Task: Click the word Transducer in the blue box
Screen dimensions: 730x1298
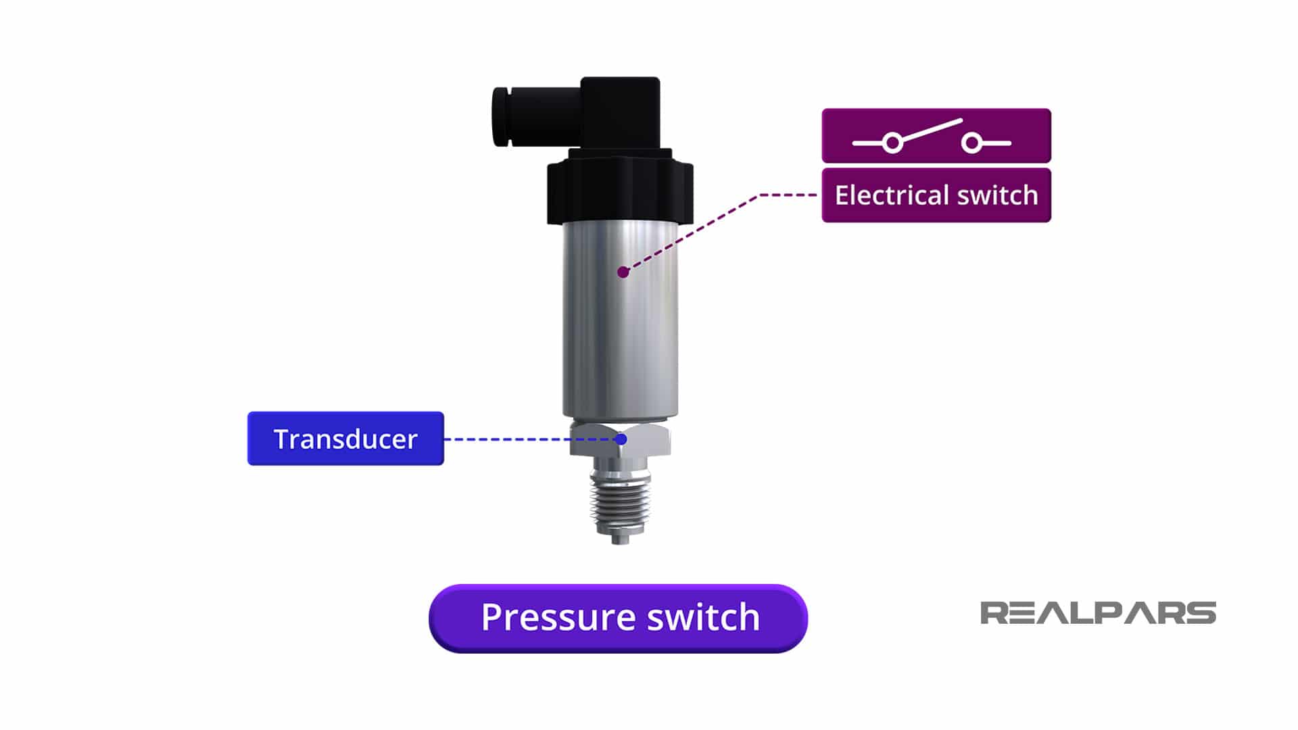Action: tap(345, 439)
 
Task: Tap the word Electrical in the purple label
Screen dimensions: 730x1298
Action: tap(888, 195)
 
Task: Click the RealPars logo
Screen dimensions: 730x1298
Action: tap(1097, 613)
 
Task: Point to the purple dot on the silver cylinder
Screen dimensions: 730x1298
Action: tap(623, 272)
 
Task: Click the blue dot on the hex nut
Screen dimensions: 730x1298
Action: tap(621, 439)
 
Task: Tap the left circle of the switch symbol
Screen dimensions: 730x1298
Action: tap(892, 143)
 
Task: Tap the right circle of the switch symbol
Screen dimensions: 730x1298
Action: tap(971, 143)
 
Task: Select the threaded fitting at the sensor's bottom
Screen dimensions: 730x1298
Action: tap(619, 500)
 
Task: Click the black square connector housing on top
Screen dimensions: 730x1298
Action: tap(621, 112)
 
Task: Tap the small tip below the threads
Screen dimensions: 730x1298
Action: tap(620, 539)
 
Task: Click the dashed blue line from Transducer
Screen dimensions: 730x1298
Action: tap(527, 439)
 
